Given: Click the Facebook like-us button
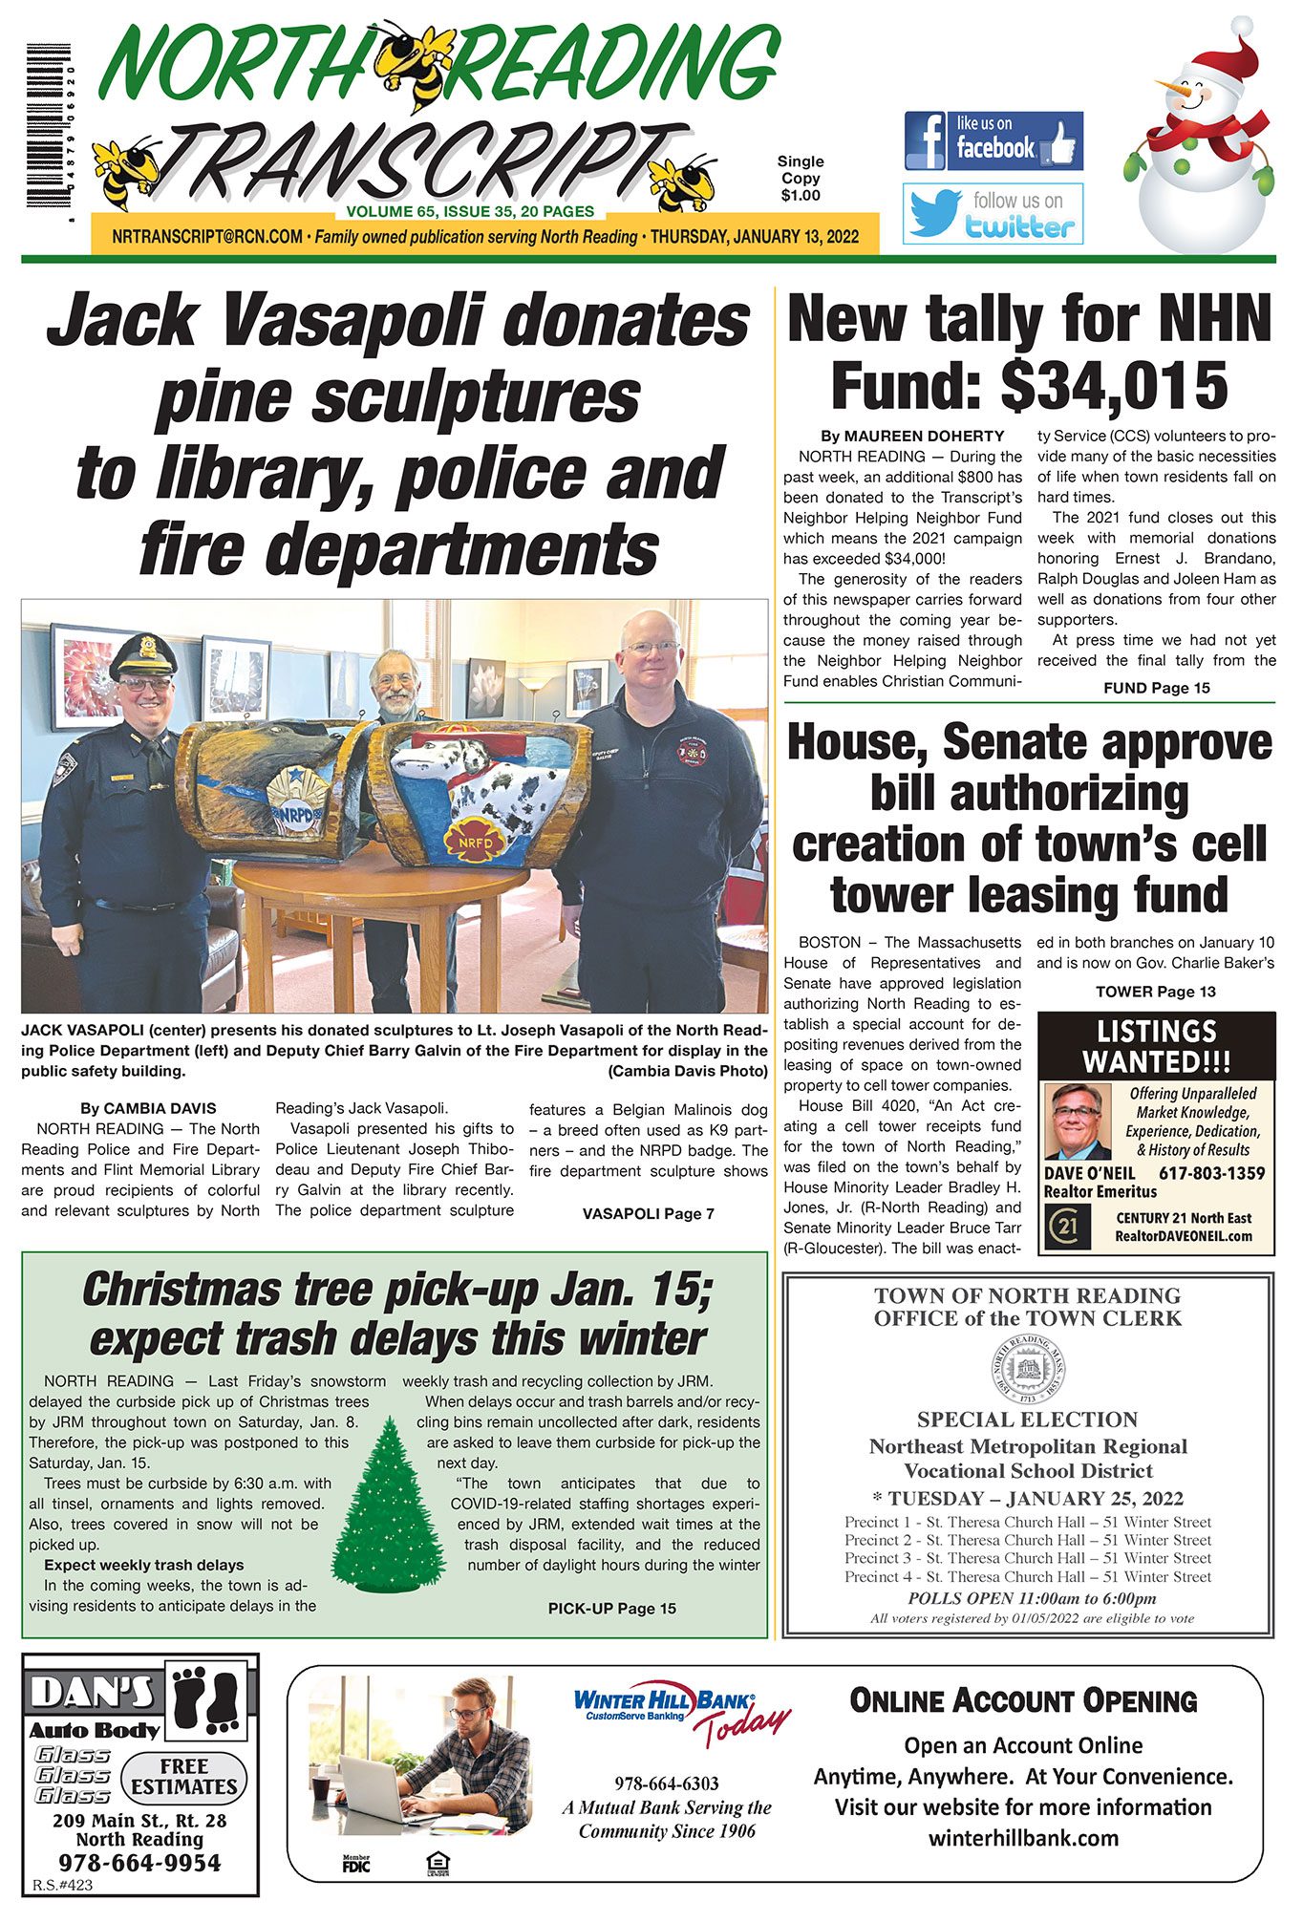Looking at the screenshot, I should pyautogui.click(x=993, y=140).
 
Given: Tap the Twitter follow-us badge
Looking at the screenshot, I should pyautogui.click(x=993, y=213).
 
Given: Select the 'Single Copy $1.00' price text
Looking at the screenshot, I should pyautogui.click(x=800, y=179).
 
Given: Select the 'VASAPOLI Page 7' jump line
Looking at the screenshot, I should pyautogui.click(x=648, y=1214).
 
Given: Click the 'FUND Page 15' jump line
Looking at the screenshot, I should pyautogui.click(x=1156, y=688).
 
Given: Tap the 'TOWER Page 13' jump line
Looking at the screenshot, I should pyautogui.click(x=1155, y=992).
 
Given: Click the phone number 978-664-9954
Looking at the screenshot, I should pyautogui.click(x=139, y=1864).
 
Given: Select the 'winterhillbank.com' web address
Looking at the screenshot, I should pyautogui.click(x=1023, y=1838).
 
